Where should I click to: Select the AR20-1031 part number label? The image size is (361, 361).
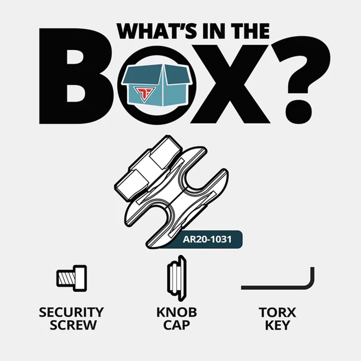tap(207, 239)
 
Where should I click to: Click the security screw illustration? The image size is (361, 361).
tap(71, 278)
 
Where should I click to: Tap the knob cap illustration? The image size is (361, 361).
tap(177, 278)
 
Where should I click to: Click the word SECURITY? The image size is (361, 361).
tap(71, 312)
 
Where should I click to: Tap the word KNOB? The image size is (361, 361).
tap(177, 312)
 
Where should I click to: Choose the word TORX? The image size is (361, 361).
tap(277, 312)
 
